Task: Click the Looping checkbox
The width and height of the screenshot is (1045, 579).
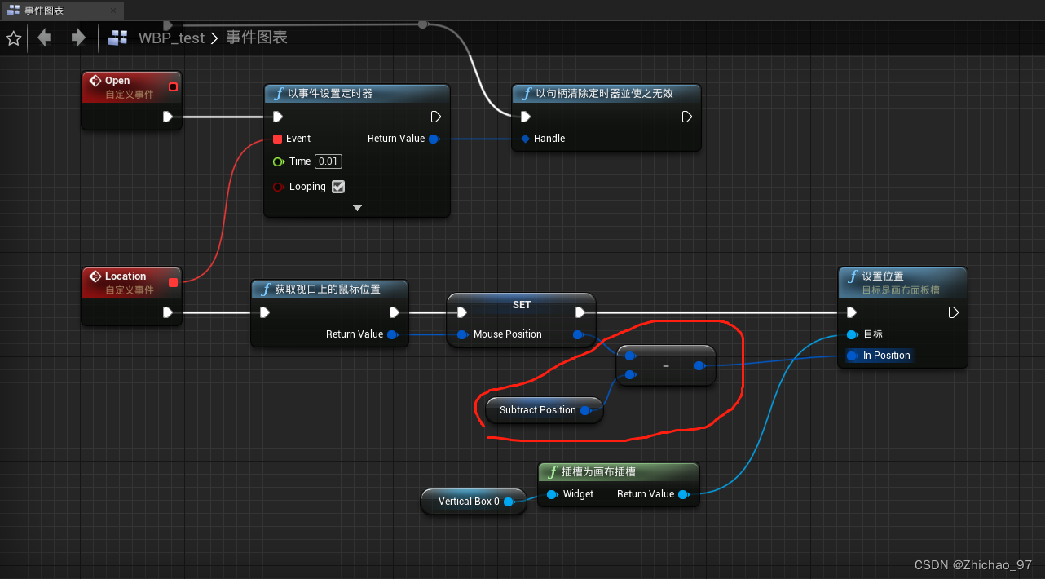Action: pos(338,187)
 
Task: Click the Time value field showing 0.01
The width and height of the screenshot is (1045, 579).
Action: pos(328,161)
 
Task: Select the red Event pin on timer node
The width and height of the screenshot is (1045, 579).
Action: pos(278,139)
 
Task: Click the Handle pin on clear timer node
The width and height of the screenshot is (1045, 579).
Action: pos(525,139)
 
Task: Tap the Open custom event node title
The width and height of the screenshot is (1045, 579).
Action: pos(117,81)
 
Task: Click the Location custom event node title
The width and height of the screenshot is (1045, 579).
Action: pos(125,276)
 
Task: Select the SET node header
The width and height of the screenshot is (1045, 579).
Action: pos(522,305)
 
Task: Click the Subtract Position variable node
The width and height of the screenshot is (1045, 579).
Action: pos(537,410)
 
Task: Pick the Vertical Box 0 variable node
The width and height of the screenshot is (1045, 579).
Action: pos(469,502)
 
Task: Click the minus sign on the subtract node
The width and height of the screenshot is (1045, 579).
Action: pos(666,366)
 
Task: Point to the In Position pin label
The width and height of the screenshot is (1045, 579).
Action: pos(886,356)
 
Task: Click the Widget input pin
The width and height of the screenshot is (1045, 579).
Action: pos(552,494)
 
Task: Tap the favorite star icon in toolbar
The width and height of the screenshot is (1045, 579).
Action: pos(14,38)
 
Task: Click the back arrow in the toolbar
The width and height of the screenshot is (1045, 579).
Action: pos(44,38)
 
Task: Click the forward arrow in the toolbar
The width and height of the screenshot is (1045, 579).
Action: pos(78,38)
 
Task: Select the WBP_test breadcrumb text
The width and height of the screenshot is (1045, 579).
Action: pos(171,38)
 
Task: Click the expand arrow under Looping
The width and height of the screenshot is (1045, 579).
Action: pos(357,208)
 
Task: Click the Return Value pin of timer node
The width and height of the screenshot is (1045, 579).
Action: pos(434,139)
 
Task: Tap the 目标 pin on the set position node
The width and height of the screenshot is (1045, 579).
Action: pos(852,334)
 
